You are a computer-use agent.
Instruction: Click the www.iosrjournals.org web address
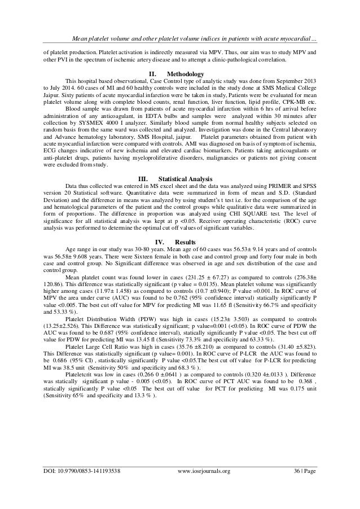pyautogui.click(x=205, y=486)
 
